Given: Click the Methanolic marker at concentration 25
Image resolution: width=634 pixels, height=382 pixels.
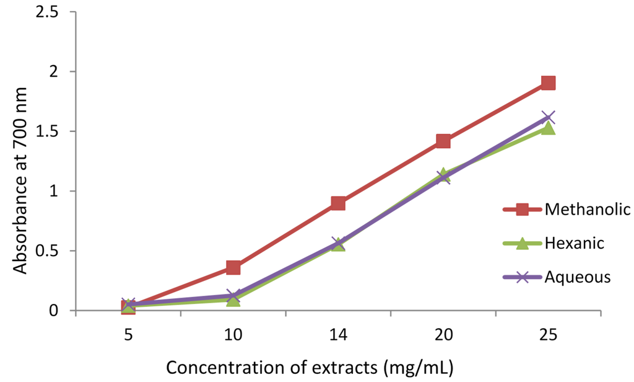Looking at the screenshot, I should (548, 82).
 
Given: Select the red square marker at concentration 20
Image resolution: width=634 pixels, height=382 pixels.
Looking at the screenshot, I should (443, 141).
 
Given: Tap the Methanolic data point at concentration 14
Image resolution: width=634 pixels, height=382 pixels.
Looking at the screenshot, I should (338, 203).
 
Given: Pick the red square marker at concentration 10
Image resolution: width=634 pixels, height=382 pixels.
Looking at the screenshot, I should (233, 267).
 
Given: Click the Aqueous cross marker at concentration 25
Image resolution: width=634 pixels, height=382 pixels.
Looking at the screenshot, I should (548, 117).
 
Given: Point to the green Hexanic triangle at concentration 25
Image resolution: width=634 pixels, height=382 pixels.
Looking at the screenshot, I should (548, 128).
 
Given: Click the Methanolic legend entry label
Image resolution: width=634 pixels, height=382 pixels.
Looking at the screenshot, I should (579, 210).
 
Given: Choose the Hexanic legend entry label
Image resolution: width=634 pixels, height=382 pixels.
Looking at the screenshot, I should (574, 243).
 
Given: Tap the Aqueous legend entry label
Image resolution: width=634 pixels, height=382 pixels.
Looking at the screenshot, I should (578, 277).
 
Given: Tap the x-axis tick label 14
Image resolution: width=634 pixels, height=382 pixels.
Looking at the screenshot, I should (338, 335).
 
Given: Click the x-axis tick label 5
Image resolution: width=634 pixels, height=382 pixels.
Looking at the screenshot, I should (128, 335).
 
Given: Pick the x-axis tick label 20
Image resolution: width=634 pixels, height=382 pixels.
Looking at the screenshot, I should (443, 335).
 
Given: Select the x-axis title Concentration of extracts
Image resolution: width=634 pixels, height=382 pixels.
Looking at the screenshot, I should (309, 367).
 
